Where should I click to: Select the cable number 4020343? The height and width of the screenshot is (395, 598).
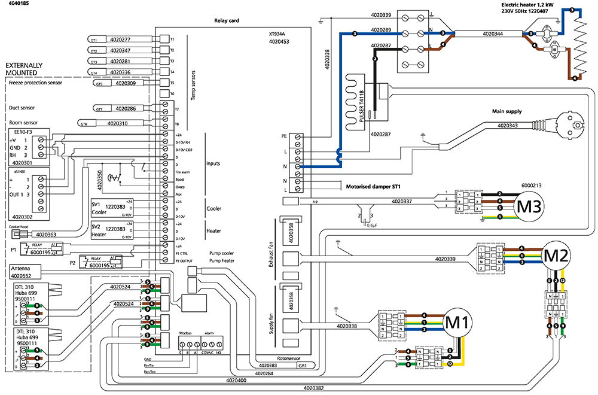point(506,126)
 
